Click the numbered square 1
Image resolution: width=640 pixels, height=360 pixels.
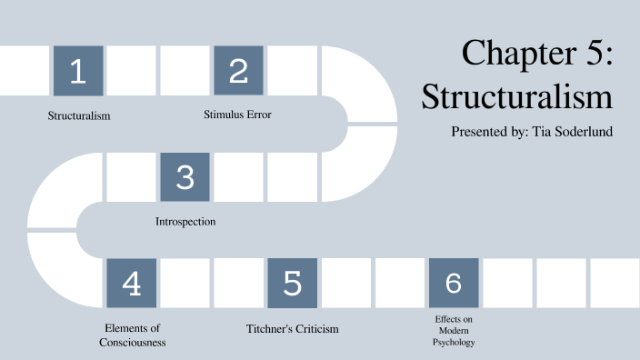(x=78, y=70)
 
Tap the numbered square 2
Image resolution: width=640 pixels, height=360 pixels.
(x=239, y=70)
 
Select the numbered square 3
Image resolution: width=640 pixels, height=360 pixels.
(x=185, y=176)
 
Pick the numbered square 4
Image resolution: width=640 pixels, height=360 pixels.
(x=132, y=283)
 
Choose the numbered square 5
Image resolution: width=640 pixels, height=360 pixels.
(x=293, y=283)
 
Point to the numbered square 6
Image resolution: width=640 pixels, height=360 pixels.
(x=454, y=283)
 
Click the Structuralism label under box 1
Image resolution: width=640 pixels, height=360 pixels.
(x=79, y=116)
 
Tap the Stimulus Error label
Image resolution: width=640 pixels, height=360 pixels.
(x=237, y=115)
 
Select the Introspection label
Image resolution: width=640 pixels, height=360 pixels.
(x=185, y=221)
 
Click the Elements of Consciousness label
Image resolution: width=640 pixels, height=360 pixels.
(x=133, y=335)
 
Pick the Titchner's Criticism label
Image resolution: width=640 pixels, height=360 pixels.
(x=293, y=328)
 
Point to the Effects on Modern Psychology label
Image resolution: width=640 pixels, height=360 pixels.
(x=454, y=331)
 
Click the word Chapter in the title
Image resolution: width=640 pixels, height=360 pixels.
(x=515, y=53)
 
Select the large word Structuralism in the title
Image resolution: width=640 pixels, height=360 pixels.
(x=516, y=96)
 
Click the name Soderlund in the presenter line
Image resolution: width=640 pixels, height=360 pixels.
(x=581, y=132)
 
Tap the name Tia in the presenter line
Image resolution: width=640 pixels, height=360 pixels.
(x=538, y=132)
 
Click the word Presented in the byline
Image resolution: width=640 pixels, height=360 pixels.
(x=480, y=132)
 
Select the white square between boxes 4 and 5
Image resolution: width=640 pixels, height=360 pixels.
(x=185, y=283)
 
